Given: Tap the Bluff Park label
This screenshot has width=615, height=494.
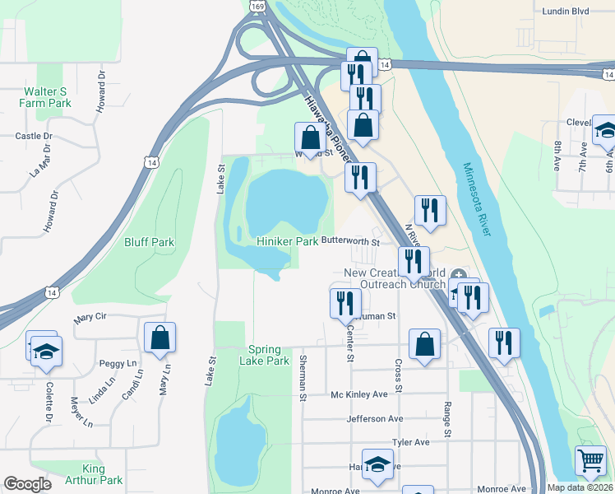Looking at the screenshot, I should coord(149,242).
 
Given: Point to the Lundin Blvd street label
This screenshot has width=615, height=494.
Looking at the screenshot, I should coord(566,12).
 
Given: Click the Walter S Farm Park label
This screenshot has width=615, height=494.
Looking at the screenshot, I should coord(47,97).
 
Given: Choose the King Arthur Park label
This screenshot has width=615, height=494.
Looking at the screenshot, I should coord(103,474).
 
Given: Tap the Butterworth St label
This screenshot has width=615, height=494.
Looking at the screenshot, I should coord(350,242).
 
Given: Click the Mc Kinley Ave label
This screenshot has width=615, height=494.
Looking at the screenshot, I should coord(358,394).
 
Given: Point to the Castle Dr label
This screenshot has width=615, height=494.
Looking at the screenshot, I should coord(34,136).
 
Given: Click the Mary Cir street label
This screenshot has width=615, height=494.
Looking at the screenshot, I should coord(90,317).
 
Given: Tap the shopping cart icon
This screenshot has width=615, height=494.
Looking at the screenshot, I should coord(590,462).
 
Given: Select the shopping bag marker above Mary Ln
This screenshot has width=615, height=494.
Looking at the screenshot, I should coord(160,338).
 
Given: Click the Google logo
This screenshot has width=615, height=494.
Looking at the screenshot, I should coord(27,484).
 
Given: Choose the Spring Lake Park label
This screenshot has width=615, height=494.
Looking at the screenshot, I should coord(265,355).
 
